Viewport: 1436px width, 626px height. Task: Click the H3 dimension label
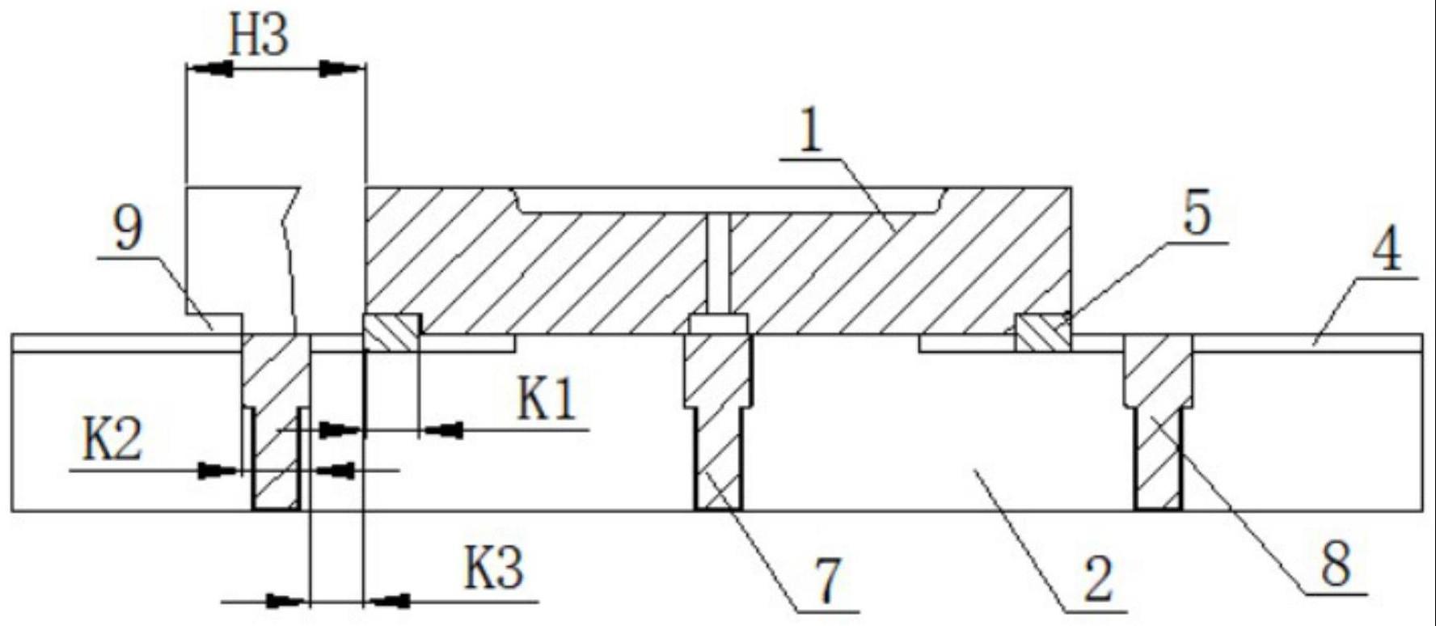pos(257,37)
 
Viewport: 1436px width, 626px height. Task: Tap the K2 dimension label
pos(113,441)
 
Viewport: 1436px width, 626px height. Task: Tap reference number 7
pos(826,582)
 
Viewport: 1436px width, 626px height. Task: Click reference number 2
pos(1096,580)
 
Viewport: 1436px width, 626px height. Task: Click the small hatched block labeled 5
pos(1042,333)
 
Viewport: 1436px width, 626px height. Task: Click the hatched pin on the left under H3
pos(276,421)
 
